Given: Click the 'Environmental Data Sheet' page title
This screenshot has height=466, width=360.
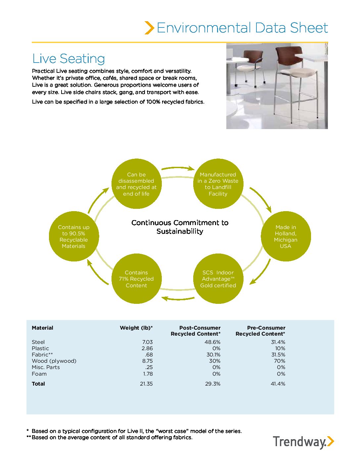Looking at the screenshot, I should pyautogui.click(x=242, y=28).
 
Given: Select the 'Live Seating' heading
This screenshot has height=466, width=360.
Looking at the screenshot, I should pyautogui.click(x=68, y=59).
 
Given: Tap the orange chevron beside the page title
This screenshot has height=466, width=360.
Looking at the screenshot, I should pyautogui.click(x=149, y=28).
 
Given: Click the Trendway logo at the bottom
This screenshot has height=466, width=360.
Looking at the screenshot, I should pyautogui.click(x=303, y=442).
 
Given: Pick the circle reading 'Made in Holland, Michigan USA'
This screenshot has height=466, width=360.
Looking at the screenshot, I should pyautogui.click(x=286, y=236).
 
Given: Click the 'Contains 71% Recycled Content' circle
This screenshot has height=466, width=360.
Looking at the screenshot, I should pyautogui.click(x=136, y=279).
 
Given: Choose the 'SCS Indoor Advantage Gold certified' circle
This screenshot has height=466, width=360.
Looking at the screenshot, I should pyautogui.click(x=218, y=279).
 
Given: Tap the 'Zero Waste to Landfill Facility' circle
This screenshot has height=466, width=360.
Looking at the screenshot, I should pyautogui.click(x=218, y=184).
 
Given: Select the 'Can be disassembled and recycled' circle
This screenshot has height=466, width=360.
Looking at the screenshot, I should pyautogui.click(x=136, y=184).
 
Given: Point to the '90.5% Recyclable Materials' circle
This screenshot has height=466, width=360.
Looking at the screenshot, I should pyautogui.click(x=74, y=236).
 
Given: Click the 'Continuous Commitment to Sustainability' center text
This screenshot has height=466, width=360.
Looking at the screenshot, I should pyautogui.click(x=180, y=227).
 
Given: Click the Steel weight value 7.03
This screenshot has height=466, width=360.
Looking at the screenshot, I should pyautogui.click(x=147, y=342).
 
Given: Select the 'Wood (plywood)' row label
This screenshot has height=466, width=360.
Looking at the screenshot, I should pyautogui.click(x=54, y=361).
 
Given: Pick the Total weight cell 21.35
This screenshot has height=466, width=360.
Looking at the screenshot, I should pyautogui.click(x=146, y=384).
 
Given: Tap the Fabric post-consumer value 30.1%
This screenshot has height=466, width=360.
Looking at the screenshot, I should pyautogui.click(x=213, y=354).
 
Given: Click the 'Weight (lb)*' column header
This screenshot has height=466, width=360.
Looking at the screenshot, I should pyautogui.click(x=136, y=328).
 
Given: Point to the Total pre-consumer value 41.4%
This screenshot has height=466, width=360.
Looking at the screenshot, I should pyautogui.click(x=278, y=384).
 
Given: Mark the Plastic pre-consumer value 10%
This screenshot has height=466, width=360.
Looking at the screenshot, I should pyautogui.click(x=280, y=348).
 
